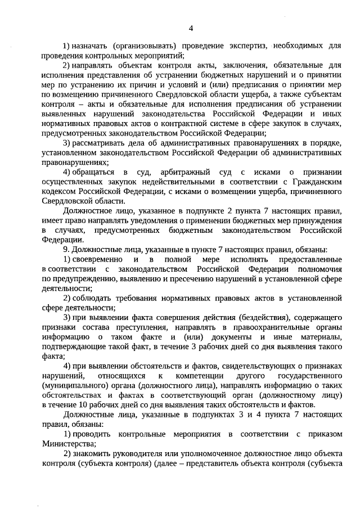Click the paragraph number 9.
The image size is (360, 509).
click(65, 249)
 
